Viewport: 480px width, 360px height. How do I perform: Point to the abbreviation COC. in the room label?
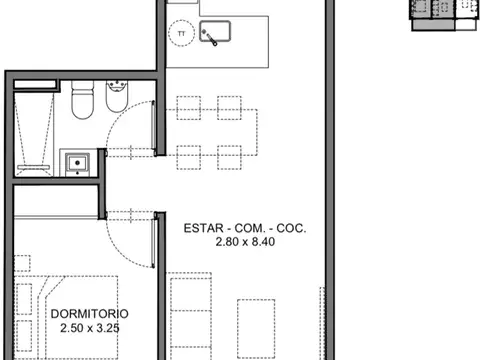click(289, 229)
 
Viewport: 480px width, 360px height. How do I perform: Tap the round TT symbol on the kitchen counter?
click(180, 33)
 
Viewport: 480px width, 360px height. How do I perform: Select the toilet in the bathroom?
click(84, 103)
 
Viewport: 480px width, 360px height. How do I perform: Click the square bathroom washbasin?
click(75, 161)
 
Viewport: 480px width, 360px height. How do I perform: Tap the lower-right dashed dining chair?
click(229, 157)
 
